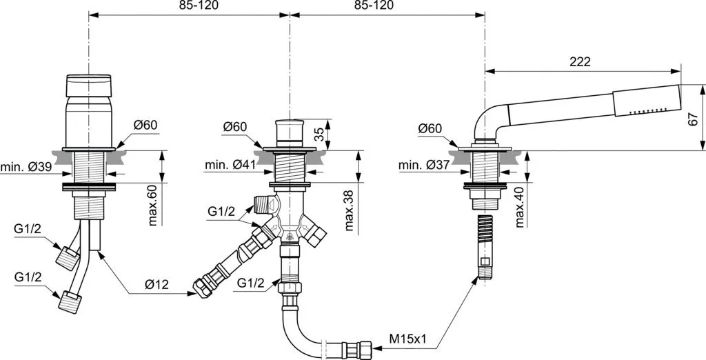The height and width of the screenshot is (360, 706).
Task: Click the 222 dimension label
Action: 580,62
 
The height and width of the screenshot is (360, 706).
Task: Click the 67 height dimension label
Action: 694,119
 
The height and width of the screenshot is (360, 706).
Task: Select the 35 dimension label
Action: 319,134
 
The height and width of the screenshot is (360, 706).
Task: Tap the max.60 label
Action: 152,206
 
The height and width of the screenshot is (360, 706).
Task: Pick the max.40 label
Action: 519,208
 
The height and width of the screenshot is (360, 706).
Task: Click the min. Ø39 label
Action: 26,168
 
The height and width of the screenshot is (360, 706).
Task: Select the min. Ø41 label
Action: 230,165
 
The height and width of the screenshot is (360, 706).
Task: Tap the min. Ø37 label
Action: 424,166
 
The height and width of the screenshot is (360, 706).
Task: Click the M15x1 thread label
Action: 408,339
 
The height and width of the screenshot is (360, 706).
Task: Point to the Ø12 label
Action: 157,284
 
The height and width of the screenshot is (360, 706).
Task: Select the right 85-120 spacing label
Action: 373,6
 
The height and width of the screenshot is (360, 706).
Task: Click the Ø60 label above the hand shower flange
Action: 430,128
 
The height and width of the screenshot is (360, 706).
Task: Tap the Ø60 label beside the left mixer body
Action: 145,125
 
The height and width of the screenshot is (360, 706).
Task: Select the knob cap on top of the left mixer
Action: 89,86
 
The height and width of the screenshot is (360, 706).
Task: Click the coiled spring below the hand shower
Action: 483,231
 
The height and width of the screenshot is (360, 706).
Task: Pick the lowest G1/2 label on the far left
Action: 28,277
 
